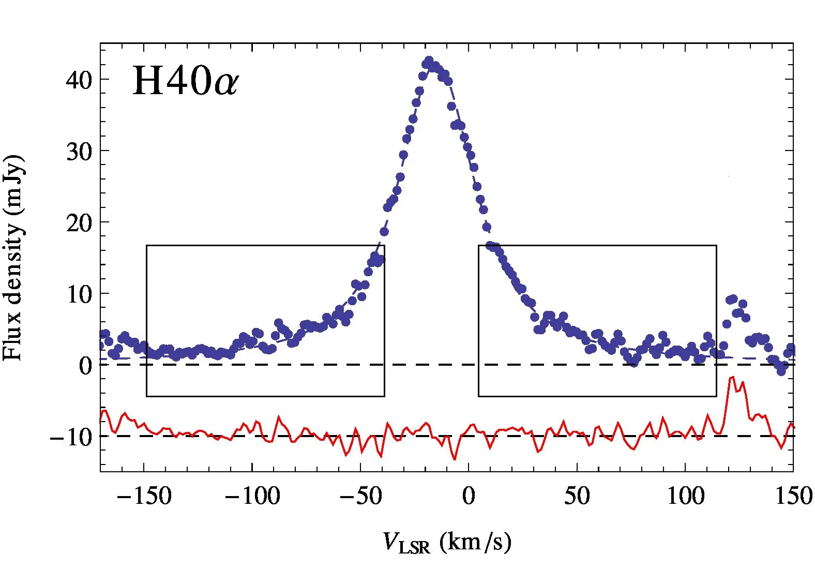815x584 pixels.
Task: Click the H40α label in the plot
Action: tap(185, 81)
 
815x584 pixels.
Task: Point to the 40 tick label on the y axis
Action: tap(79, 80)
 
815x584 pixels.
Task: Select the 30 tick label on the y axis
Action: tap(79, 152)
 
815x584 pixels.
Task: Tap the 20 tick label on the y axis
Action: tap(79, 223)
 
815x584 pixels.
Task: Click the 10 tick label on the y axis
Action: tap(79, 294)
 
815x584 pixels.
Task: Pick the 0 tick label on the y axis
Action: tap(85, 366)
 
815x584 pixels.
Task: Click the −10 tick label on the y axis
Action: tap(71, 437)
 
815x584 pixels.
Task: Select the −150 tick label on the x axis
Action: tap(144, 496)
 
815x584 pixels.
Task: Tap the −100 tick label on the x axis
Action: tap(252, 496)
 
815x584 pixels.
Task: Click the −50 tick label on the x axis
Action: tap(360, 496)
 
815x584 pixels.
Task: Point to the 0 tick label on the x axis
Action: tap(469, 496)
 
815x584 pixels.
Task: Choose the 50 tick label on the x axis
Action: tap(577, 496)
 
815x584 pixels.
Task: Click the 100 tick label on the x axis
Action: tap(685, 496)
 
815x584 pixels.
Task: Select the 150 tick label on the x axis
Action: tap(793, 496)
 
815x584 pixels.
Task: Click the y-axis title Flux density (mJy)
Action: tap(13, 257)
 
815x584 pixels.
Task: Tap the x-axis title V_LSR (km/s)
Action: tap(447, 543)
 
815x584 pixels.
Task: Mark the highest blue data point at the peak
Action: tap(429, 61)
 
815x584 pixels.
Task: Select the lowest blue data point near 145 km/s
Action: tap(781, 371)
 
